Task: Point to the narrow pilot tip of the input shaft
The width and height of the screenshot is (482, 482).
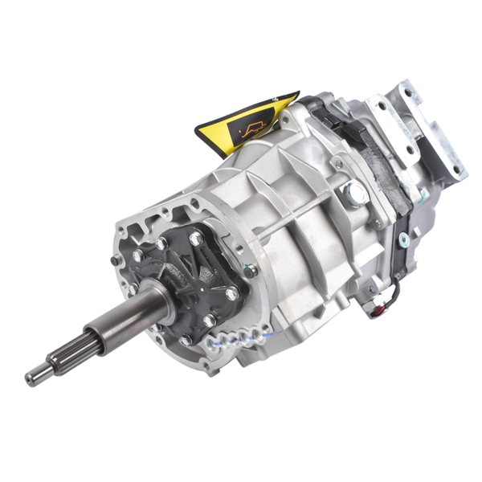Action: [x=37, y=375]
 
